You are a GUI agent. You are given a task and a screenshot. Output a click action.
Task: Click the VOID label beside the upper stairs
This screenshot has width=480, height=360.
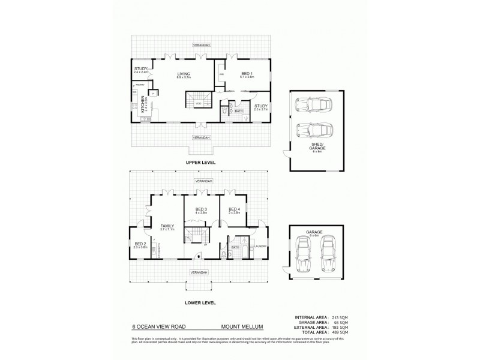click(197, 104)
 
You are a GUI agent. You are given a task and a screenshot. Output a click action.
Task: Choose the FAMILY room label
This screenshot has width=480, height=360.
click(167, 226)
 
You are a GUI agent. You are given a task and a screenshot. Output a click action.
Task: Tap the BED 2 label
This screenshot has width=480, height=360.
click(140, 244)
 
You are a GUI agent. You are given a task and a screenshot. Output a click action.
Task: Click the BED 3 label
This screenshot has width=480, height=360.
click(202, 209)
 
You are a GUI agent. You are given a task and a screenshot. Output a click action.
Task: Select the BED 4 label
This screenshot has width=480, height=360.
click(233, 209)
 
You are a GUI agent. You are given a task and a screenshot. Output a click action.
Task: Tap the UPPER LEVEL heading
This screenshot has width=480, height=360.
click(201, 163)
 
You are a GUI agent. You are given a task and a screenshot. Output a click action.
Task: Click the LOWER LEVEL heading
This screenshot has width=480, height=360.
click(201, 302)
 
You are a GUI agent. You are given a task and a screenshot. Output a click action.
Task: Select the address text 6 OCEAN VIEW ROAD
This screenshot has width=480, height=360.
click(159, 328)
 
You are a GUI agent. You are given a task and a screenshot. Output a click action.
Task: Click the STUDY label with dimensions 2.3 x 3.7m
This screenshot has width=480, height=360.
click(260, 107)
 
